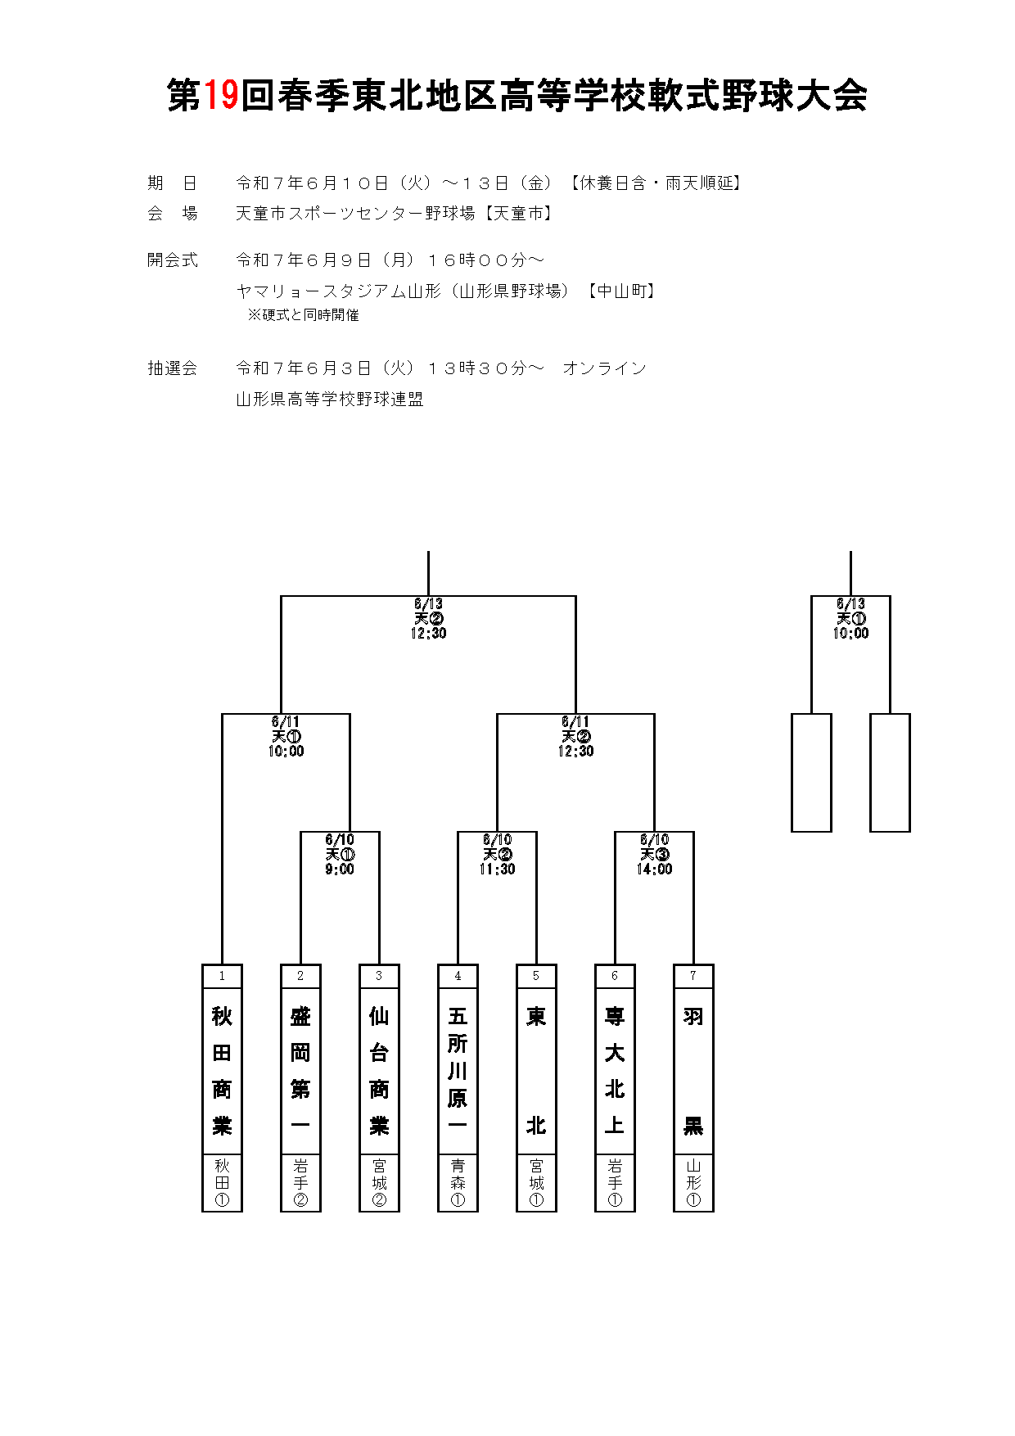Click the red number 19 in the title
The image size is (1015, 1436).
point(220,95)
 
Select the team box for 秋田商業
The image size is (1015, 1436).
point(222,1087)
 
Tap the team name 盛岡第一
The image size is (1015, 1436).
point(300,1070)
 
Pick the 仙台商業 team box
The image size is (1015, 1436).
point(379,1087)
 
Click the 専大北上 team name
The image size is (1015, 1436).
point(615,1070)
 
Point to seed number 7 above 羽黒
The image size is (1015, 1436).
point(693,976)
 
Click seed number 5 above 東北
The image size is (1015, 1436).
point(536,976)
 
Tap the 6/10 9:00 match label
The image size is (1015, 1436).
point(340,854)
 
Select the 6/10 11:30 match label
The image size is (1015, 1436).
point(497,854)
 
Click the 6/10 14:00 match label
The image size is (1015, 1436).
point(654,854)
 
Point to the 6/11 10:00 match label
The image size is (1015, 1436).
point(286,736)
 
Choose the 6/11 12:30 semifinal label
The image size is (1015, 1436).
point(575,736)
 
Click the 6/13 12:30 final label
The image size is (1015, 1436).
point(428,618)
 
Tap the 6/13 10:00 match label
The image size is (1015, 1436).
point(850,618)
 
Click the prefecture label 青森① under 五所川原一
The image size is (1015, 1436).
point(458,1183)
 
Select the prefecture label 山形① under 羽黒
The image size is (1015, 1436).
point(693,1183)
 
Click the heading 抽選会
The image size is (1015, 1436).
point(173,368)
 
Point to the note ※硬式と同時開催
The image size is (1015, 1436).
point(304,315)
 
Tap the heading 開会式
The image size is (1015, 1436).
point(173,260)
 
